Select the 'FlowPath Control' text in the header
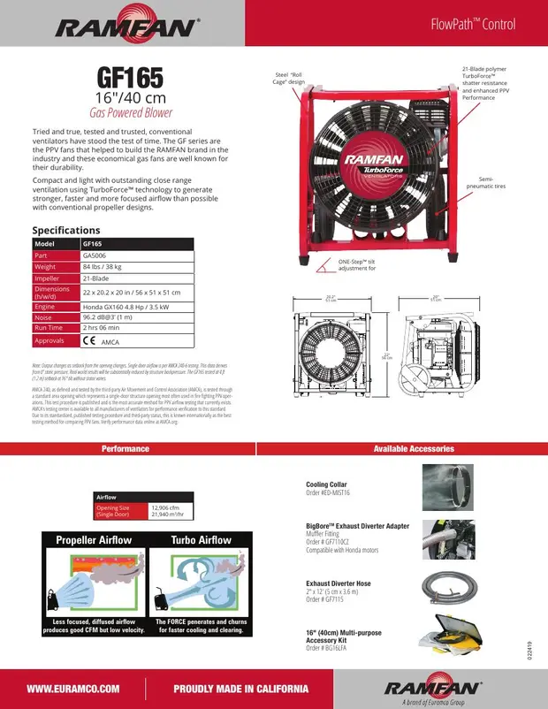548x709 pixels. click(x=481, y=24)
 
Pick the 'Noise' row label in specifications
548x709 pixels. click(x=44, y=316)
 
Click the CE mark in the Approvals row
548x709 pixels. click(x=89, y=339)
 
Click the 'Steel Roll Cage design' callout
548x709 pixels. click(x=289, y=79)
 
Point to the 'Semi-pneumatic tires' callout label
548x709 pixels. click(x=492, y=183)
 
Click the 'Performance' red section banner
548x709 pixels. click(x=125, y=449)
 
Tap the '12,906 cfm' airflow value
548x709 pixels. click(x=167, y=507)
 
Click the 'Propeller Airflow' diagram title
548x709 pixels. click(x=94, y=540)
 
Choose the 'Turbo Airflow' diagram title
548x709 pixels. click(x=201, y=540)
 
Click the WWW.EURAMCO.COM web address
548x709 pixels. click(x=72, y=689)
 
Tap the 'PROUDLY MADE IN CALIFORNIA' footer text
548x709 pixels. click(x=240, y=689)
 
